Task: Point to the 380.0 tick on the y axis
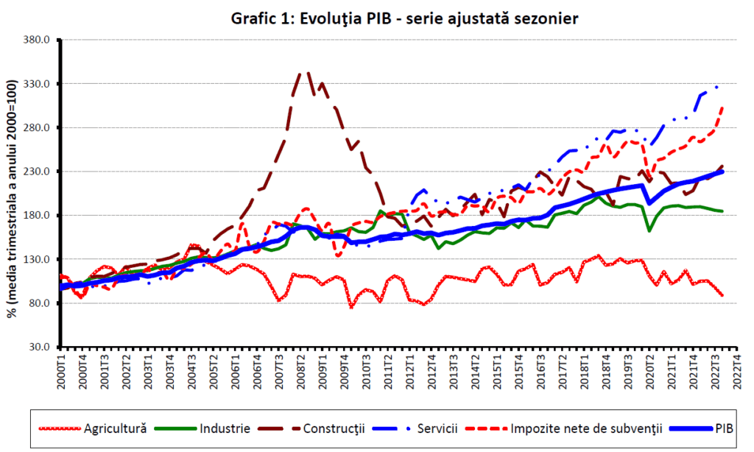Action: click(35, 40)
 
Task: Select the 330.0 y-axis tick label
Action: click(35, 84)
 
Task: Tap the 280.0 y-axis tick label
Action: click(35, 128)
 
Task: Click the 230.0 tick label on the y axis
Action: click(35, 172)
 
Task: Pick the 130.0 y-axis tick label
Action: click(35, 260)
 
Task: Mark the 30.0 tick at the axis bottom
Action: click(38, 347)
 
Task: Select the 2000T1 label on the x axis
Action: click(63, 369)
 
